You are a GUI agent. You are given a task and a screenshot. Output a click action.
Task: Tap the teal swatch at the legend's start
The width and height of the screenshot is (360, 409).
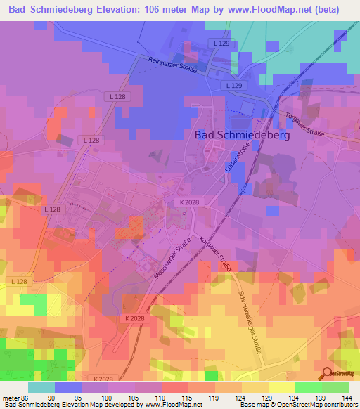[x=41, y=387]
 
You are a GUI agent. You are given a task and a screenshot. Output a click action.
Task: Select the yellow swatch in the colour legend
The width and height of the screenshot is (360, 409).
[x=282, y=387]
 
